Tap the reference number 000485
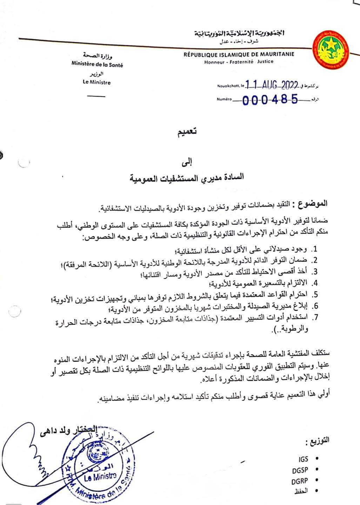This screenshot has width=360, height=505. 270,100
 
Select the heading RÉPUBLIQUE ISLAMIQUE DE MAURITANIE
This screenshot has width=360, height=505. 239,54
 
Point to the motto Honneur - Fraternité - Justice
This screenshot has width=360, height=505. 239,61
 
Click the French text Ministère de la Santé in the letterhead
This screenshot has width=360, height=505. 97,65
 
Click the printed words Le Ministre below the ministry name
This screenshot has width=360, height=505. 96,82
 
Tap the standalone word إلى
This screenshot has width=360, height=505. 189,162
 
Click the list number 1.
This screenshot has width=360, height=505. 315,249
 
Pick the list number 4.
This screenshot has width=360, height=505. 315,283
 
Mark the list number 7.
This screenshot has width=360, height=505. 315,317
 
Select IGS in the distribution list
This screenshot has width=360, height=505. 304,459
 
